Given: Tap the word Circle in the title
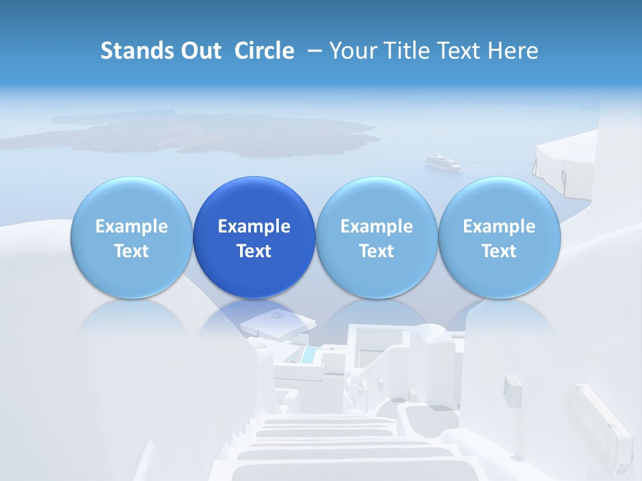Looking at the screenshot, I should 264,51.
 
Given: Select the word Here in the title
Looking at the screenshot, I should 512,51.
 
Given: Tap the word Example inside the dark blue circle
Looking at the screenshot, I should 254,226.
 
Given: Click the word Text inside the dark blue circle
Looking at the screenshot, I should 254,251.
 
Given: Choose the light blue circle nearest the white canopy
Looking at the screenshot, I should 499,237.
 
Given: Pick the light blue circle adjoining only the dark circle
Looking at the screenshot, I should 131,237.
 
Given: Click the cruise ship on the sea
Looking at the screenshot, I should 443,162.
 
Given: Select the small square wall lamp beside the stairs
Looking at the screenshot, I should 513,390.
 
